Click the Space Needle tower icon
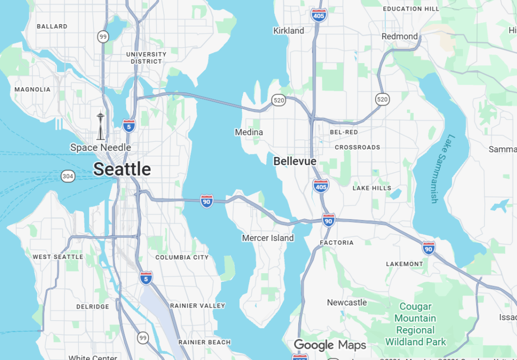100,126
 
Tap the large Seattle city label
122,169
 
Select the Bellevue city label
295,161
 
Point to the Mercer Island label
268,238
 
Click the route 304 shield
68,176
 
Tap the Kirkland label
289,31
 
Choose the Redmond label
399,36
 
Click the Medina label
249,132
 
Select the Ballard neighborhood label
52,26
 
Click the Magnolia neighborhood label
32,89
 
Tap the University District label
146,58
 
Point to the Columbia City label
182,257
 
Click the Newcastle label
347,302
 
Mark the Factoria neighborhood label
337,243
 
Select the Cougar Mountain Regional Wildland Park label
416,324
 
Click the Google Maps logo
330,345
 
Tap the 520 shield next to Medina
279,100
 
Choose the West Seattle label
58,256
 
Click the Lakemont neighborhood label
404,264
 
